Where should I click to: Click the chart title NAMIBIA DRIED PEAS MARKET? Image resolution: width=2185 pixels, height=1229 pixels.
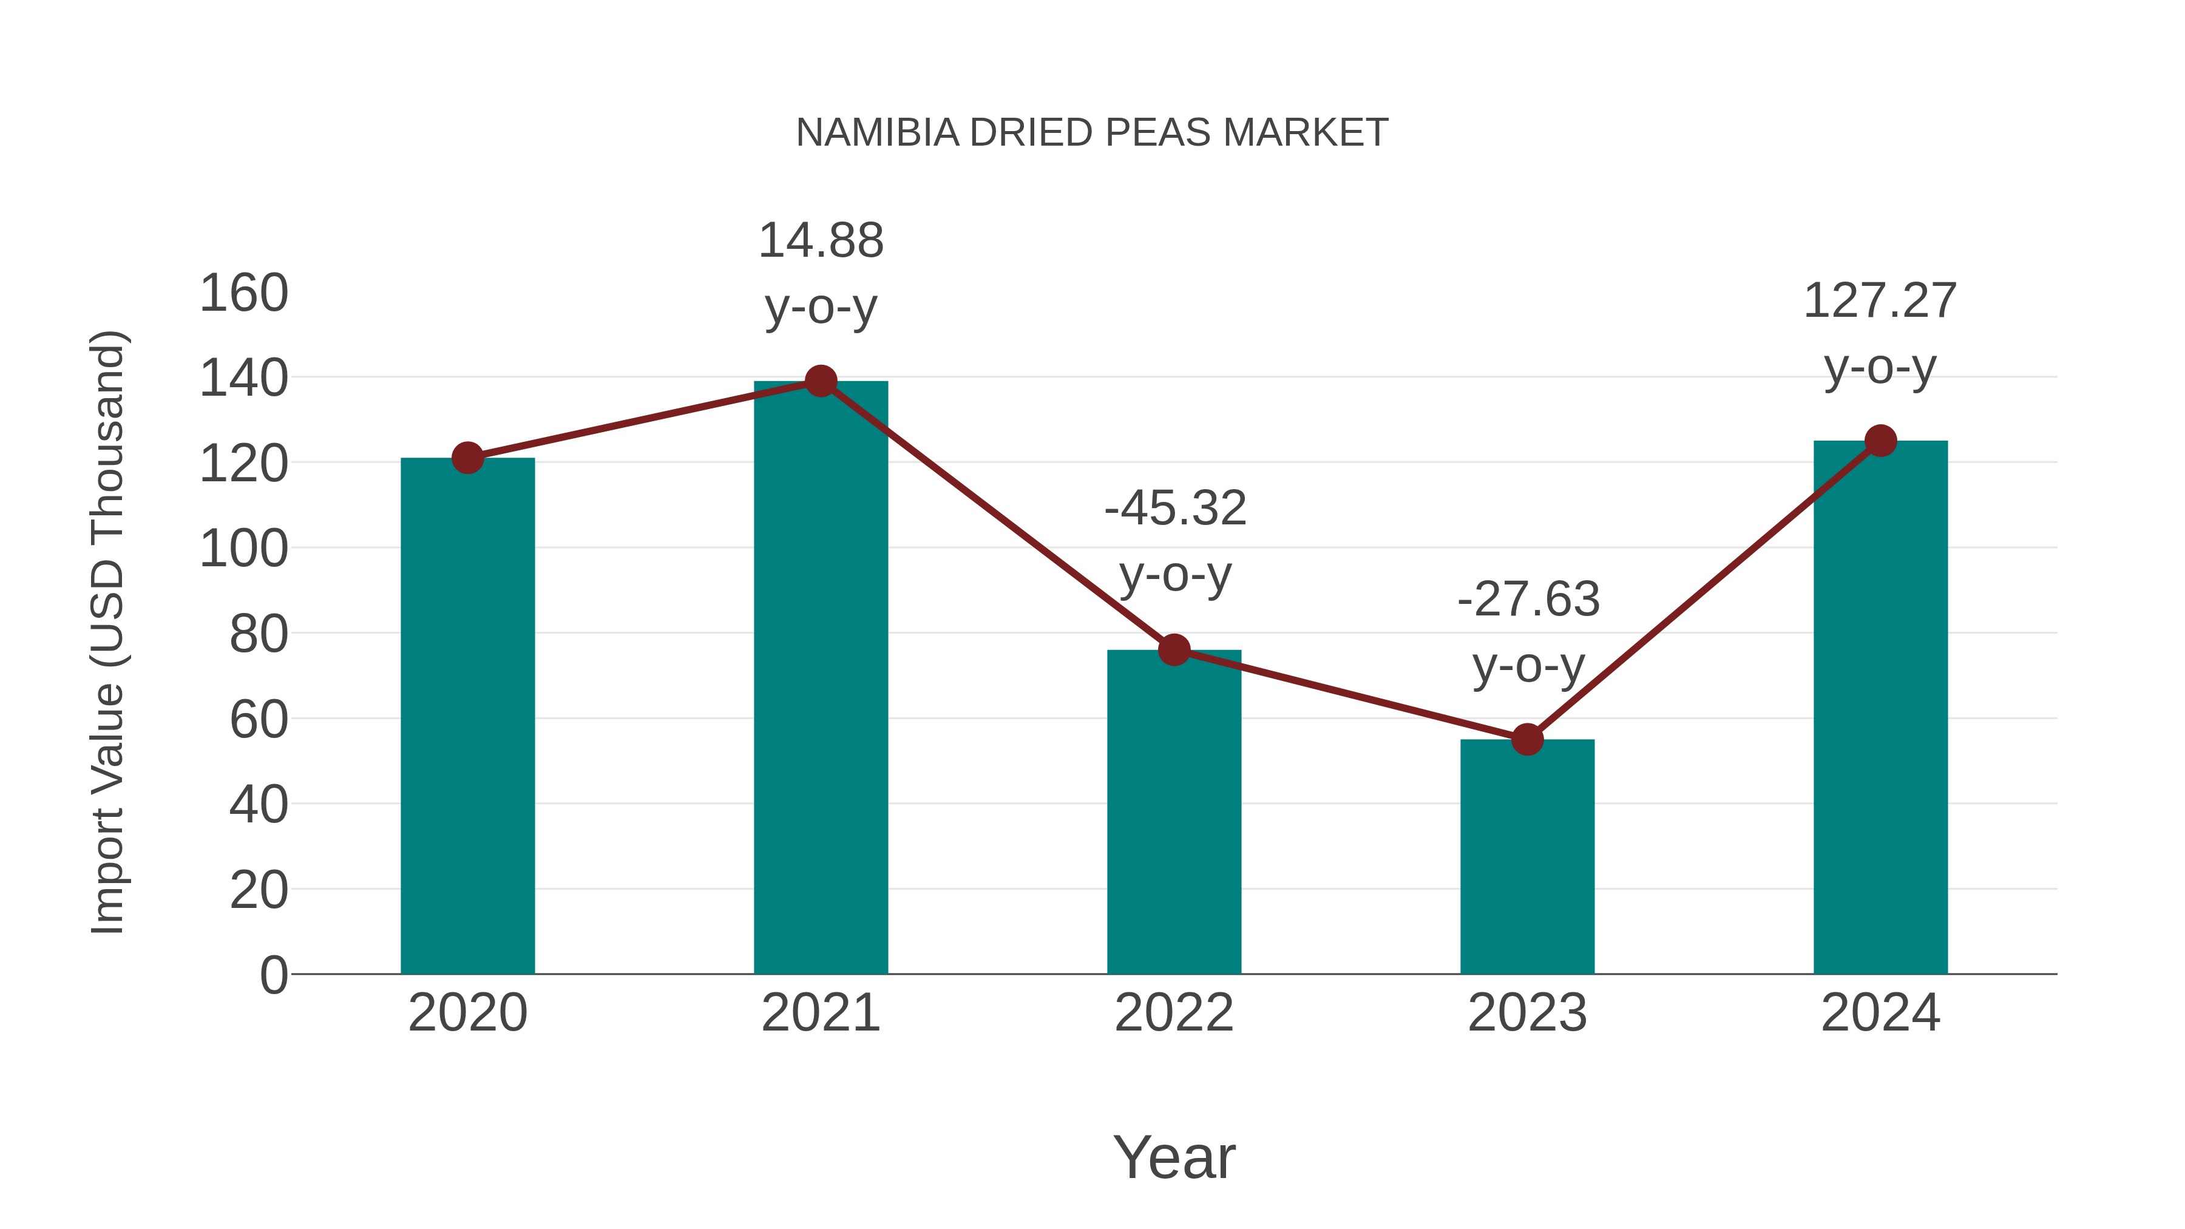1092,133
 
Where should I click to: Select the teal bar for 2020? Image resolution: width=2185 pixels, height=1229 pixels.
467,721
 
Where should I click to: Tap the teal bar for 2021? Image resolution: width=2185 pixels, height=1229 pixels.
820,679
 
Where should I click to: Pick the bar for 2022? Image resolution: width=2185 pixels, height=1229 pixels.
1174,814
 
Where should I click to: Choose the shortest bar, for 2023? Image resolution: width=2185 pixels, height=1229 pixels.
1527,856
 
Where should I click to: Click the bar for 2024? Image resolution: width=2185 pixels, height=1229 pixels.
1880,713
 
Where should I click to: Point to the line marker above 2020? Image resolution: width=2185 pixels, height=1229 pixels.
467,458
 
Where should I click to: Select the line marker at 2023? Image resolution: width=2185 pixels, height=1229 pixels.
1527,740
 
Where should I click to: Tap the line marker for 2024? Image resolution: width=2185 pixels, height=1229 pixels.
1880,441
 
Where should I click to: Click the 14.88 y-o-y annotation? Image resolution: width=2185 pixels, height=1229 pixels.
820,273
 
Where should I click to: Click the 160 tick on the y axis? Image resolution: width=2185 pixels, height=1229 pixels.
243,294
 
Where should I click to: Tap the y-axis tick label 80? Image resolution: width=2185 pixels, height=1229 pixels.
259,634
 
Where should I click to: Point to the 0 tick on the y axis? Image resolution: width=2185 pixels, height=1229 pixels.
274,975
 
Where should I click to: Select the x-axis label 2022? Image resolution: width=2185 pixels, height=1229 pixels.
1174,1013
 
